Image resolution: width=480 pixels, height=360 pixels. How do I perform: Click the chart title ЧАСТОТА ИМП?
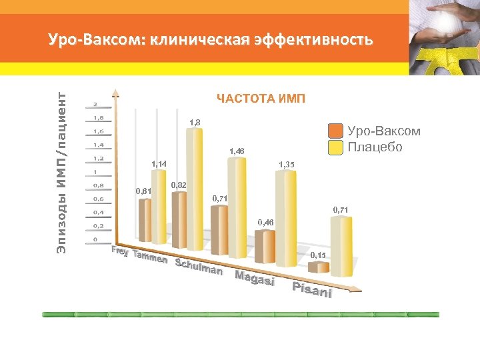(x=261, y=99)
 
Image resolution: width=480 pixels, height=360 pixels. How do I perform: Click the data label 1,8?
(x=195, y=123)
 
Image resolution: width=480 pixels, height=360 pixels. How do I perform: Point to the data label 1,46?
(x=237, y=152)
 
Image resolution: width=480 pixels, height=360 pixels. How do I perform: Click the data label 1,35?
(x=286, y=164)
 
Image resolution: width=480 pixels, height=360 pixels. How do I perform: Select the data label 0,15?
(x=318, y=255)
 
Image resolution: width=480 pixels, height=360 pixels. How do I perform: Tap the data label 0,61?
(x=143, y=191)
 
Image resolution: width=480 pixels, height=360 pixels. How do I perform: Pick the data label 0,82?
(x=179, y=185)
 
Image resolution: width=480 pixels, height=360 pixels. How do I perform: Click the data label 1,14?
(x=159, y=164)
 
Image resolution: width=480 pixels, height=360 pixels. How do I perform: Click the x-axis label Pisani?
(x=312, y=291)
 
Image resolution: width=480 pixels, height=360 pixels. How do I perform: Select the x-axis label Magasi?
(x=255, y=279)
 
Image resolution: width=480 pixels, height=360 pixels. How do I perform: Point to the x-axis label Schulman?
(x=198, y=267)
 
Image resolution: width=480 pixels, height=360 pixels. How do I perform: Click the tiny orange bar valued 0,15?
(x=318, y=267)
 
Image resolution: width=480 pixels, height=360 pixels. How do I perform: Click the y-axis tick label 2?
(x=95, y=104)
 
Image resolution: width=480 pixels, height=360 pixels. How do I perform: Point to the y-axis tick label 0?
(x=95, y=239)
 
